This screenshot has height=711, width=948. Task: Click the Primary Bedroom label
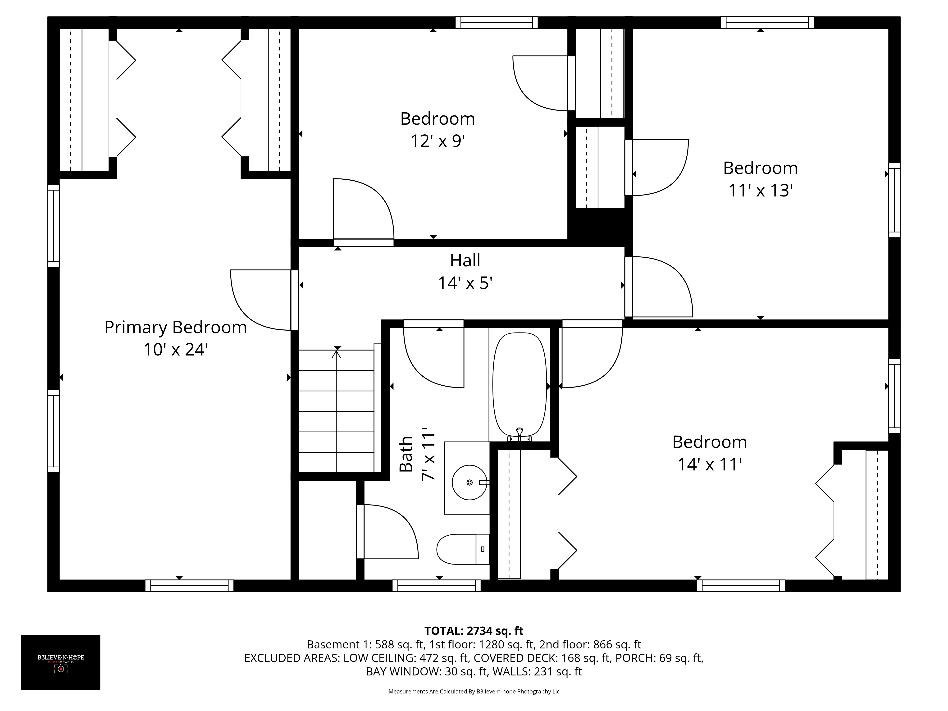175,328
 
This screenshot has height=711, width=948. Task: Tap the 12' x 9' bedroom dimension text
438,141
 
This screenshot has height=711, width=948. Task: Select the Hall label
465,260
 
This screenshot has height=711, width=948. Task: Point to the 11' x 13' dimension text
760,190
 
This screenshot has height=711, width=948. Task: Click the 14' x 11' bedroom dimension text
709,465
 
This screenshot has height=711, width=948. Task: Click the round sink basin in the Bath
469,483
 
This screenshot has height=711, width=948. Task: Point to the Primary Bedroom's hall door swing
260,300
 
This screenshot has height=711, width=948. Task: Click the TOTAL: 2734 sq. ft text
474,631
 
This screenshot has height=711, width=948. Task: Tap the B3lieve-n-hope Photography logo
61,662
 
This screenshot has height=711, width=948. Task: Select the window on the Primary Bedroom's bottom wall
189,585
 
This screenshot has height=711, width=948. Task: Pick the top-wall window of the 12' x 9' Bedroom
496,22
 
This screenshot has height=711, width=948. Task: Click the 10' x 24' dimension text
175,350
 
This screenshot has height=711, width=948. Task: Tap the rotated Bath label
406,454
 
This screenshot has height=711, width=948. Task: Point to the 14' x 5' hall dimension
465,283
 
